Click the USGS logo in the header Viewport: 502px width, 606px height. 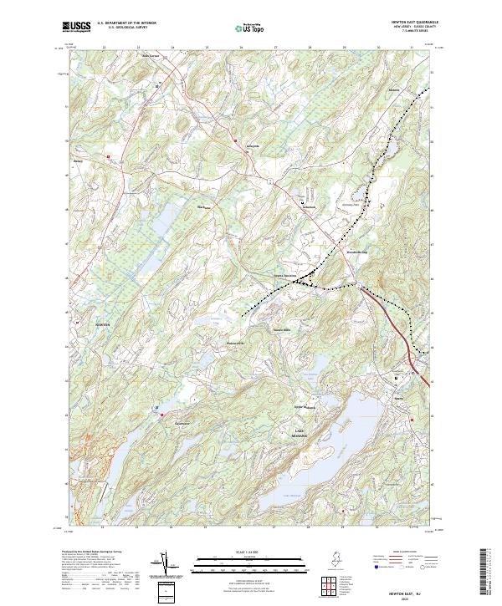point(76,27)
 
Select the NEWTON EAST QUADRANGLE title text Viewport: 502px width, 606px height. point(410,22)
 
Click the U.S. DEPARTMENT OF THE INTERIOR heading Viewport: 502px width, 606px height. point(126,23)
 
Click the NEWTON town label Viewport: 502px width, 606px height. point(79,322)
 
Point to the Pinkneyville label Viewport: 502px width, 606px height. point(234,344)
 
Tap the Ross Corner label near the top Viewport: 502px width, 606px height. point(149,56)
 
